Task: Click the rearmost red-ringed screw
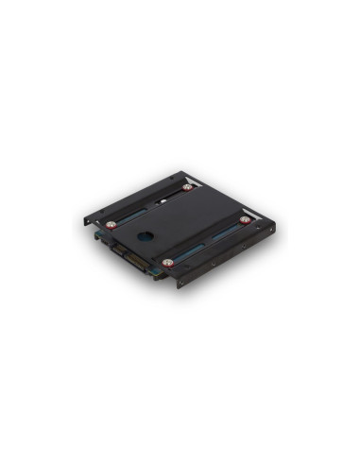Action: [x=188, y=187]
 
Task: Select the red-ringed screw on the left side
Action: [x=111, y=225]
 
